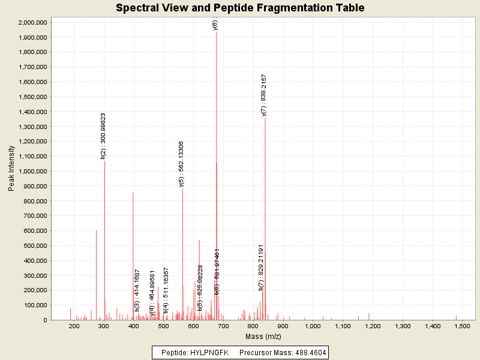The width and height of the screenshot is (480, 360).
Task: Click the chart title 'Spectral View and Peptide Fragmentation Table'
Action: (240, 8)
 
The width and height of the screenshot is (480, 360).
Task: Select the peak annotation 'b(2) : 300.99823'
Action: (103, 136)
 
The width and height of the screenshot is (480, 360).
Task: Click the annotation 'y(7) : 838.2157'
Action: (264, 95)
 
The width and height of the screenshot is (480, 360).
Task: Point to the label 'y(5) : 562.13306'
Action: (181, 164)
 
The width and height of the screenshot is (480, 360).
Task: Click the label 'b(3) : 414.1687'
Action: (137, 292)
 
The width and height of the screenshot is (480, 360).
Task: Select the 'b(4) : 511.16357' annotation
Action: (166, 290)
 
